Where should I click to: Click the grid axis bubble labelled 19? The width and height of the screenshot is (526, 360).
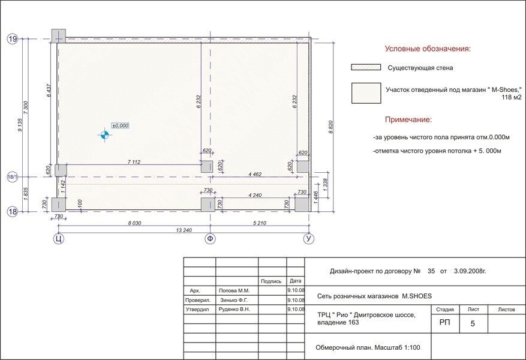(x=13, y=39)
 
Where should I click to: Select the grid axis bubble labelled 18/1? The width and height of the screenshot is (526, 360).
(x=13, y=177)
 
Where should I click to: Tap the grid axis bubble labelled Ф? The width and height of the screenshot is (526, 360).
(x=210, y=239)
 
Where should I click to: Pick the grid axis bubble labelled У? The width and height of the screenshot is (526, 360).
(x=309, y=239)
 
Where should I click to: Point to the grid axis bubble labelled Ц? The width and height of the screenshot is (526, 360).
(x=58, y=239)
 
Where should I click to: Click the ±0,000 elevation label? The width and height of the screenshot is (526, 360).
(x=120, y=125)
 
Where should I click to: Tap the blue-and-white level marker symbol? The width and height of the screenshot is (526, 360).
(x=105, y=135)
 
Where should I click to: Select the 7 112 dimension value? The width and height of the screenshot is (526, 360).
(x=134, y=162)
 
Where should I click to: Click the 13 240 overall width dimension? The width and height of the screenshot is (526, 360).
(x=184, y=230)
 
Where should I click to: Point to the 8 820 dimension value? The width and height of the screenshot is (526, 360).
(x=330, y=127)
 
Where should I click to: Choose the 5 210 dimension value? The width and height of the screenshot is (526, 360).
(x=260, y=223)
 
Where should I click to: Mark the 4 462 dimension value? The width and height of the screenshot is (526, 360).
(x=255, y=174)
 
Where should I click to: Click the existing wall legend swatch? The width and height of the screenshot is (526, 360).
(x=366, y=67)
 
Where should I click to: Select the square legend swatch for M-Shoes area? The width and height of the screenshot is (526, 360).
(x=366, y=93)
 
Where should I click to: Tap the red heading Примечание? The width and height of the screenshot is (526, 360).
(x=408, y=120)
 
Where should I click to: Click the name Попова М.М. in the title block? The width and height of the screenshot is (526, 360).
(x=234, y=290)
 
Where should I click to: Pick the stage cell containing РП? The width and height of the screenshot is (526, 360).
(x=445, y=323)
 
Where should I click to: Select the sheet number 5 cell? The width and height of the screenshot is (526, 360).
(x=473, y=323)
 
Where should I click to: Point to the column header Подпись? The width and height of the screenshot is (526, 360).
(x=271, y=281)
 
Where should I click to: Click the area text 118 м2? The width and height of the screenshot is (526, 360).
(x=512, y=97)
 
